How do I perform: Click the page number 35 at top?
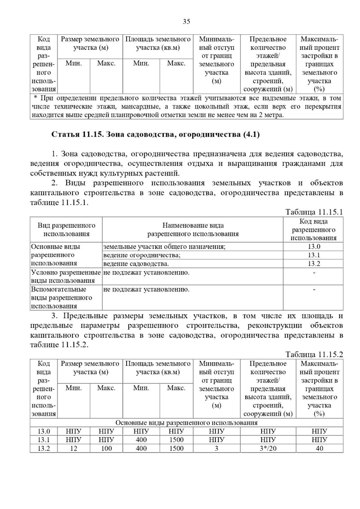(x=186, y=22)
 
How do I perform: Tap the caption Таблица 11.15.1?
(x=314, y=212)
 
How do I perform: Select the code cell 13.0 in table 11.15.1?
(x=314, y=246)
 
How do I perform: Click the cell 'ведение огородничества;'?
(x=142, y=255)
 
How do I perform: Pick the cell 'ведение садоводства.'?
(x=136, y=264)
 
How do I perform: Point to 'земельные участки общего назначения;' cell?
(x=164, y=246)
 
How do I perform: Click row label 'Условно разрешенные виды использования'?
(x=66, y=276)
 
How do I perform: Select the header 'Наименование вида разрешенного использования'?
(x=193, y=230)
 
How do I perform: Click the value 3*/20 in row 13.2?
(x=268, y=448)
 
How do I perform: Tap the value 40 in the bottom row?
(x=319, y=448)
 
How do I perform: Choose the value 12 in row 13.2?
(x=73, y=448)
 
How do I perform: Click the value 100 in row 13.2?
(x=106, y=448)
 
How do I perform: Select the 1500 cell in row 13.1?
(x=176, y=440)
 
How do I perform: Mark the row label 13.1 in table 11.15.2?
(x=43, y=440)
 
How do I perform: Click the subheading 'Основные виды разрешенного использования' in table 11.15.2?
(x=186, y=423)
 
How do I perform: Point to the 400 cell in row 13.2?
(x=141, y=448)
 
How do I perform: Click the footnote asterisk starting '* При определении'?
(x=35, y=98)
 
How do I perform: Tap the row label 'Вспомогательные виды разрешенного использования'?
(x=61, y=298)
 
